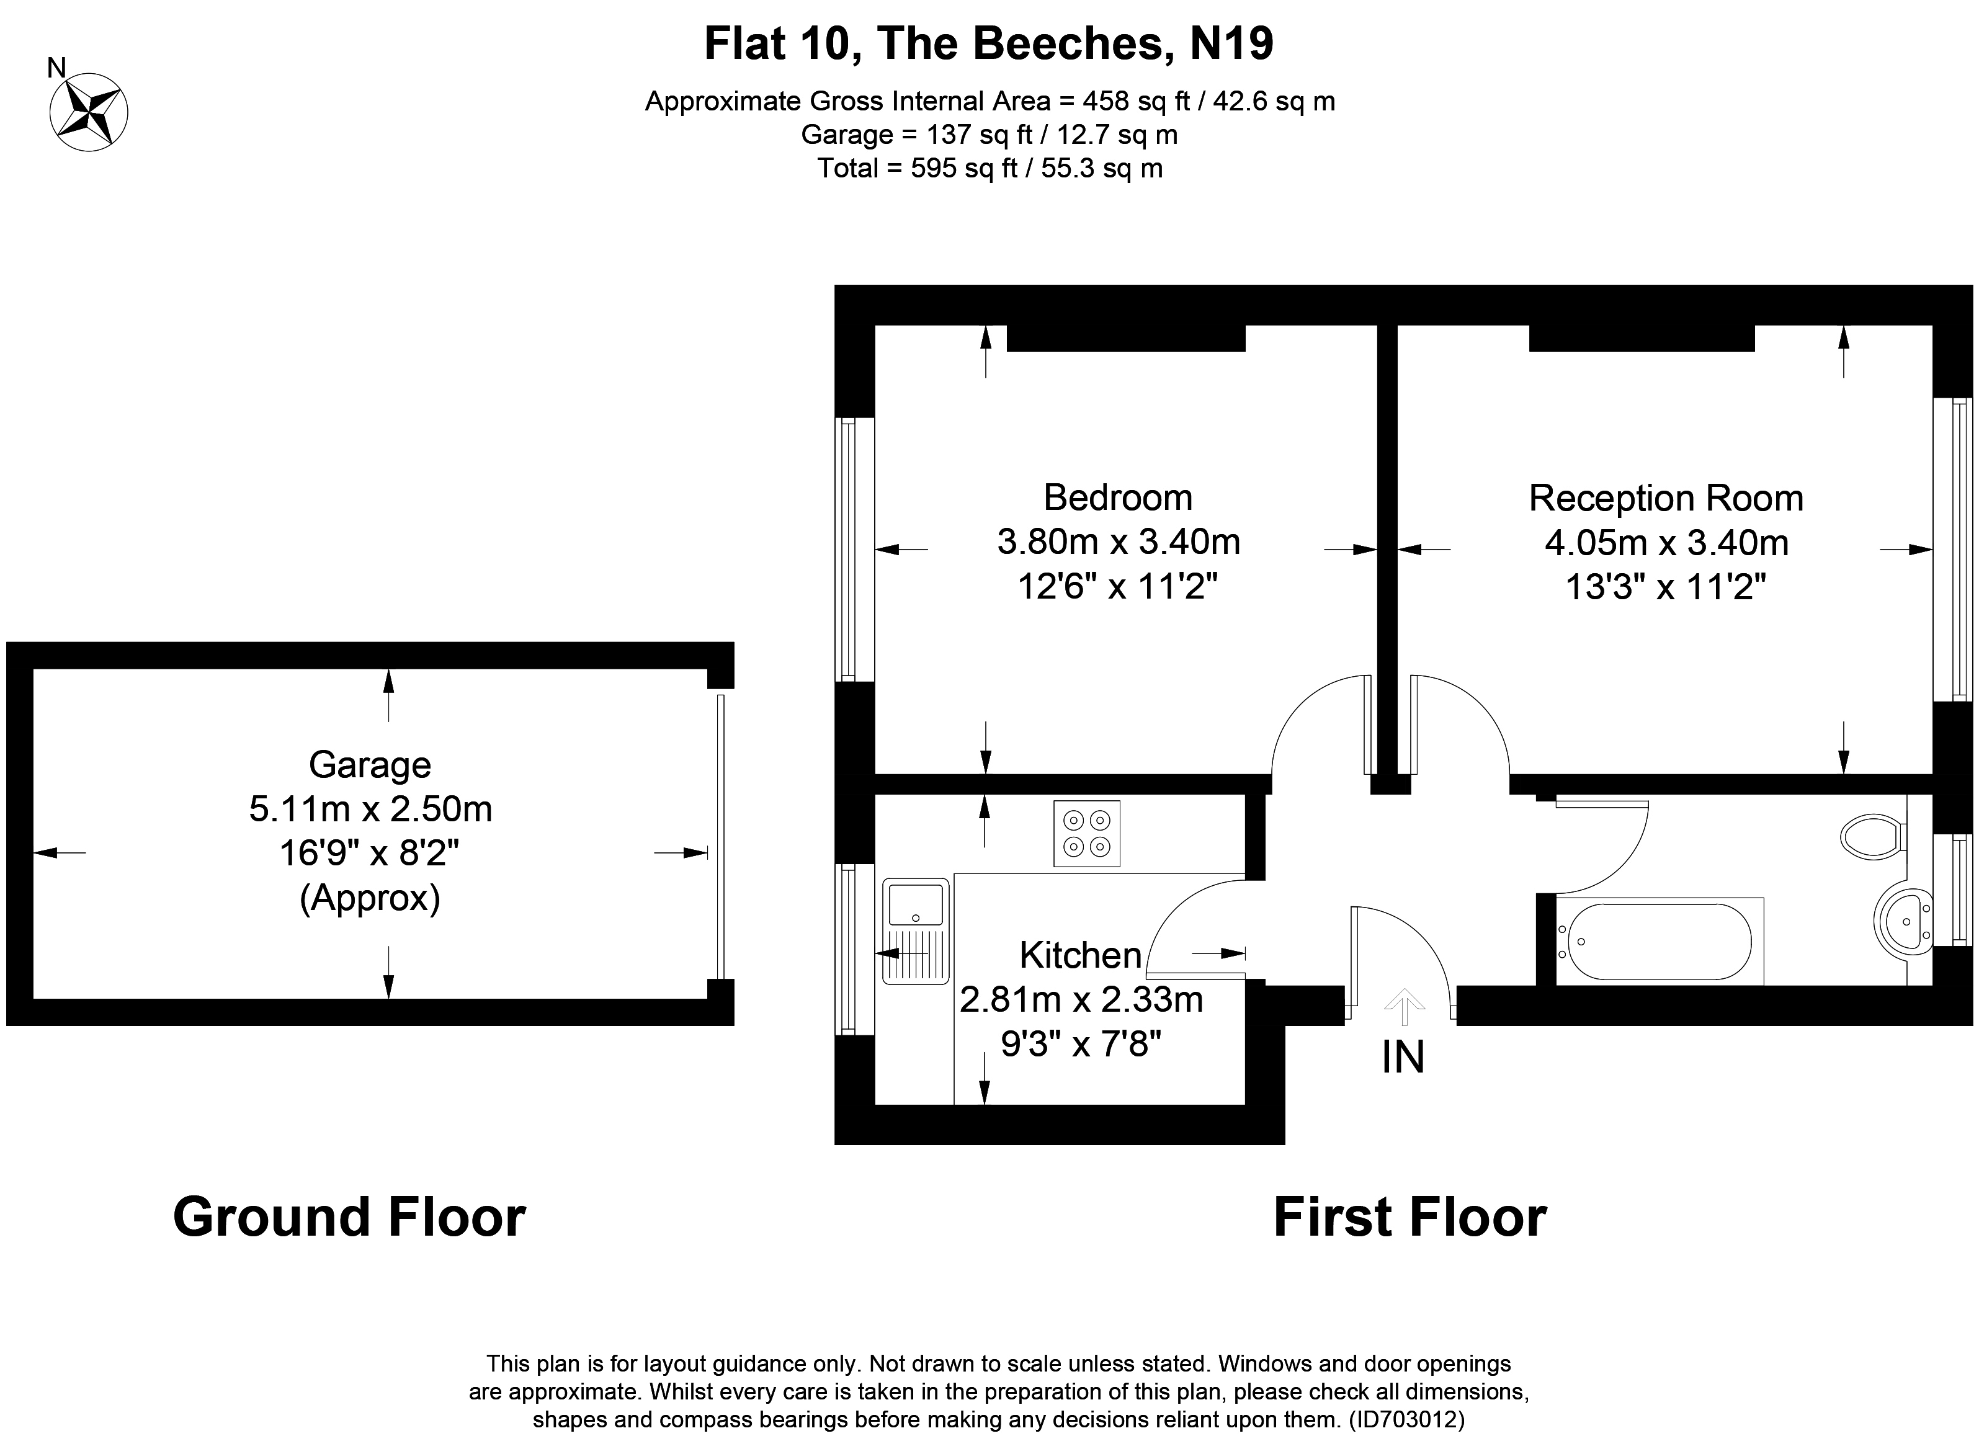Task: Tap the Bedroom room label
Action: click(x=1118, y=498)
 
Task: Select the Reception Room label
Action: click(x=1666, y=498)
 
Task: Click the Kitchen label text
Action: click(x=1080, y=955)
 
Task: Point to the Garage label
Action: click(x=370, y=765)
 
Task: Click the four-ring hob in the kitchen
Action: click(x=1086, y=834)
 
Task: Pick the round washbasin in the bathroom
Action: click(x=1903, y=921)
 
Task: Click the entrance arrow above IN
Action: click(x=1404, y=1006)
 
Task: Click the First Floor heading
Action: click(x=1410, y=1218)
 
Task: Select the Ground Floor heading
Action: click(x=349, y=1218)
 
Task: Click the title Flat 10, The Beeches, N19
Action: click(x=989, y=43)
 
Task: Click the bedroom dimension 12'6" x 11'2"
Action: click(x=1118, y=587)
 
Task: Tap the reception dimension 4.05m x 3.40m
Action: click(x=1666, y=543)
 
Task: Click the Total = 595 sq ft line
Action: click(x=989, y=167)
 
